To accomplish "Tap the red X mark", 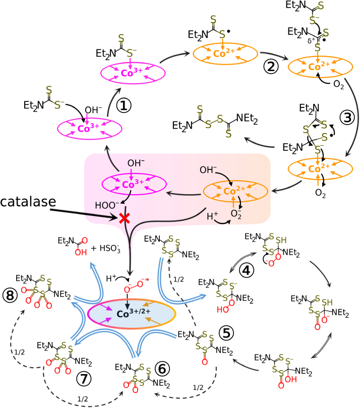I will click(123, 219).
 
